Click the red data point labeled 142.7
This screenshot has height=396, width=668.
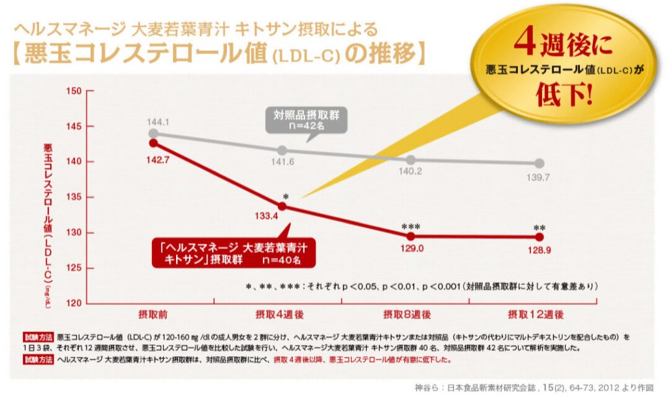pos(153,142)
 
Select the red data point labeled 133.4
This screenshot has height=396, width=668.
pos(282,206)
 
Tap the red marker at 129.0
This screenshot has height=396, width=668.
pos(410,237)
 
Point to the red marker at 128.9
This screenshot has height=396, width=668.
pos(539,237)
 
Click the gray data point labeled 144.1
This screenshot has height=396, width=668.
pos(153,133)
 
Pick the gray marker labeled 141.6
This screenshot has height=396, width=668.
pos(282,151)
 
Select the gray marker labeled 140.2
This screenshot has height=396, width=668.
pos(410,160)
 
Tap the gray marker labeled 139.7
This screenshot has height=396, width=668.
pos(539,163)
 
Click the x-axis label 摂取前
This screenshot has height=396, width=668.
pos(153,314)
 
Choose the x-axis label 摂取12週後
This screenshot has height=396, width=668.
pos(536,314)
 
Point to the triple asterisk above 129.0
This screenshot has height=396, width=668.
pos(410,226)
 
